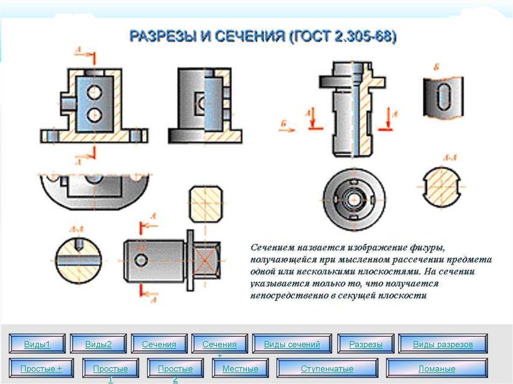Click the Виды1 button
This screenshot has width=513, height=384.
(x=38, y=344)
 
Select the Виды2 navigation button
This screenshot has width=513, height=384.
(x=98, y=344)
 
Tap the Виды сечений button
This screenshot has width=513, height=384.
(x=292, y=344)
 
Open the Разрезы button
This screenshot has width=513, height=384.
(x=366, y=344)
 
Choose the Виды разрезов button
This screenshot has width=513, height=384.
(x=443, y=344)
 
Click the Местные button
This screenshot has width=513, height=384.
(x=240, y=368)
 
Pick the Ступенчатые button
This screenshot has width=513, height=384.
(x=327, y=368)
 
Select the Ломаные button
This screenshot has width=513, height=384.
(x=437, y=368)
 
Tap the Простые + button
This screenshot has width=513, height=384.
(x=41, y=368)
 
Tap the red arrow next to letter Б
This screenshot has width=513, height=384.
(x=288, y=130)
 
